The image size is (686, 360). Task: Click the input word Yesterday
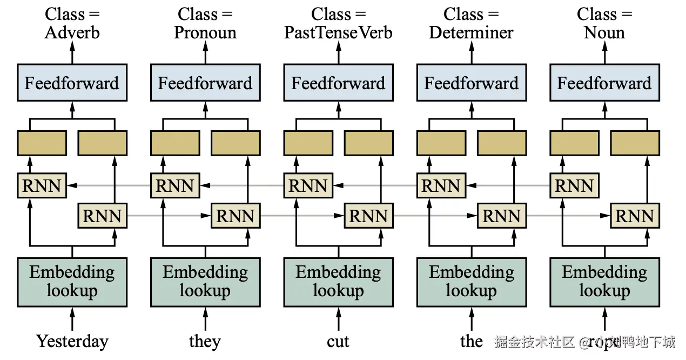[x=72, y=342]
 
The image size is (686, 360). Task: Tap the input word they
[x=205, y=342]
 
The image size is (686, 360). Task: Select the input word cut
[x=338, y=342]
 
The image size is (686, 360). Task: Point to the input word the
[x=471, y=342]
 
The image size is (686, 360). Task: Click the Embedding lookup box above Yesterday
[x=72, y=282]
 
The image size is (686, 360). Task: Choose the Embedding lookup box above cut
[x=338, y=282]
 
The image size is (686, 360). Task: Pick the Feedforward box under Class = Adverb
[x=72, y=83]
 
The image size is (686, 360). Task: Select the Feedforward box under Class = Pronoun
[x=205, y=83]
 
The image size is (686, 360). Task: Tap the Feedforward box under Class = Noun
[x=604, y=83]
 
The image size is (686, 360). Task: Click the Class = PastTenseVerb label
[x=338, y=23]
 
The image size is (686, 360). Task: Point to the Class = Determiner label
[x=471, y=23]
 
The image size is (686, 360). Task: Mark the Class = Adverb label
[x=72, y=23]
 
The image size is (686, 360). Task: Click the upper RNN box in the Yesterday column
[x=42, y=186]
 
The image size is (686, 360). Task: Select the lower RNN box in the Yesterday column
[x=102, y=216]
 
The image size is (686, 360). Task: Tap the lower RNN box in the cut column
[x=368, y=216]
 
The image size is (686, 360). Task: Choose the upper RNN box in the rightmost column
[x=574, y=186]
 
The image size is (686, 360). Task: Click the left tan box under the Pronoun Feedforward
[x=174, y=143]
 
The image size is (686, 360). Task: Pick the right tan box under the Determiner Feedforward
[x=501, y=143]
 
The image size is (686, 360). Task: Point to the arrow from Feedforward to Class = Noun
[x=604, y=53]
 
